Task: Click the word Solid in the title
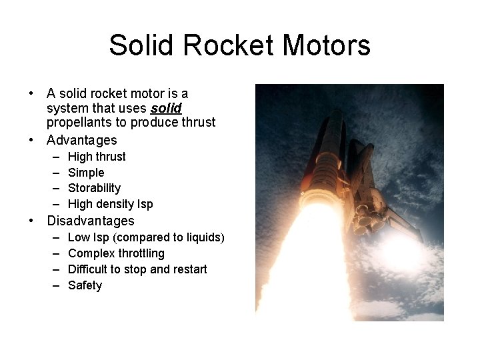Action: (x=141, y=46)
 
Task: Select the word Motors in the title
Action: (x=326, y=46)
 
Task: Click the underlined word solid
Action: (x=166, y=108)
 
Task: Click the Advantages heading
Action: (x=81, y=141)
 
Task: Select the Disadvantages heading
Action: (x=90, y=221)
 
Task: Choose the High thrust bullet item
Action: (x=97, y=157)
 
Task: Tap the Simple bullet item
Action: (x=86, y=173)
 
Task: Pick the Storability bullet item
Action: (x=94, y=189)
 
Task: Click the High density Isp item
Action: (x=110, y=205)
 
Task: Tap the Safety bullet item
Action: (x=85, y=285)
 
